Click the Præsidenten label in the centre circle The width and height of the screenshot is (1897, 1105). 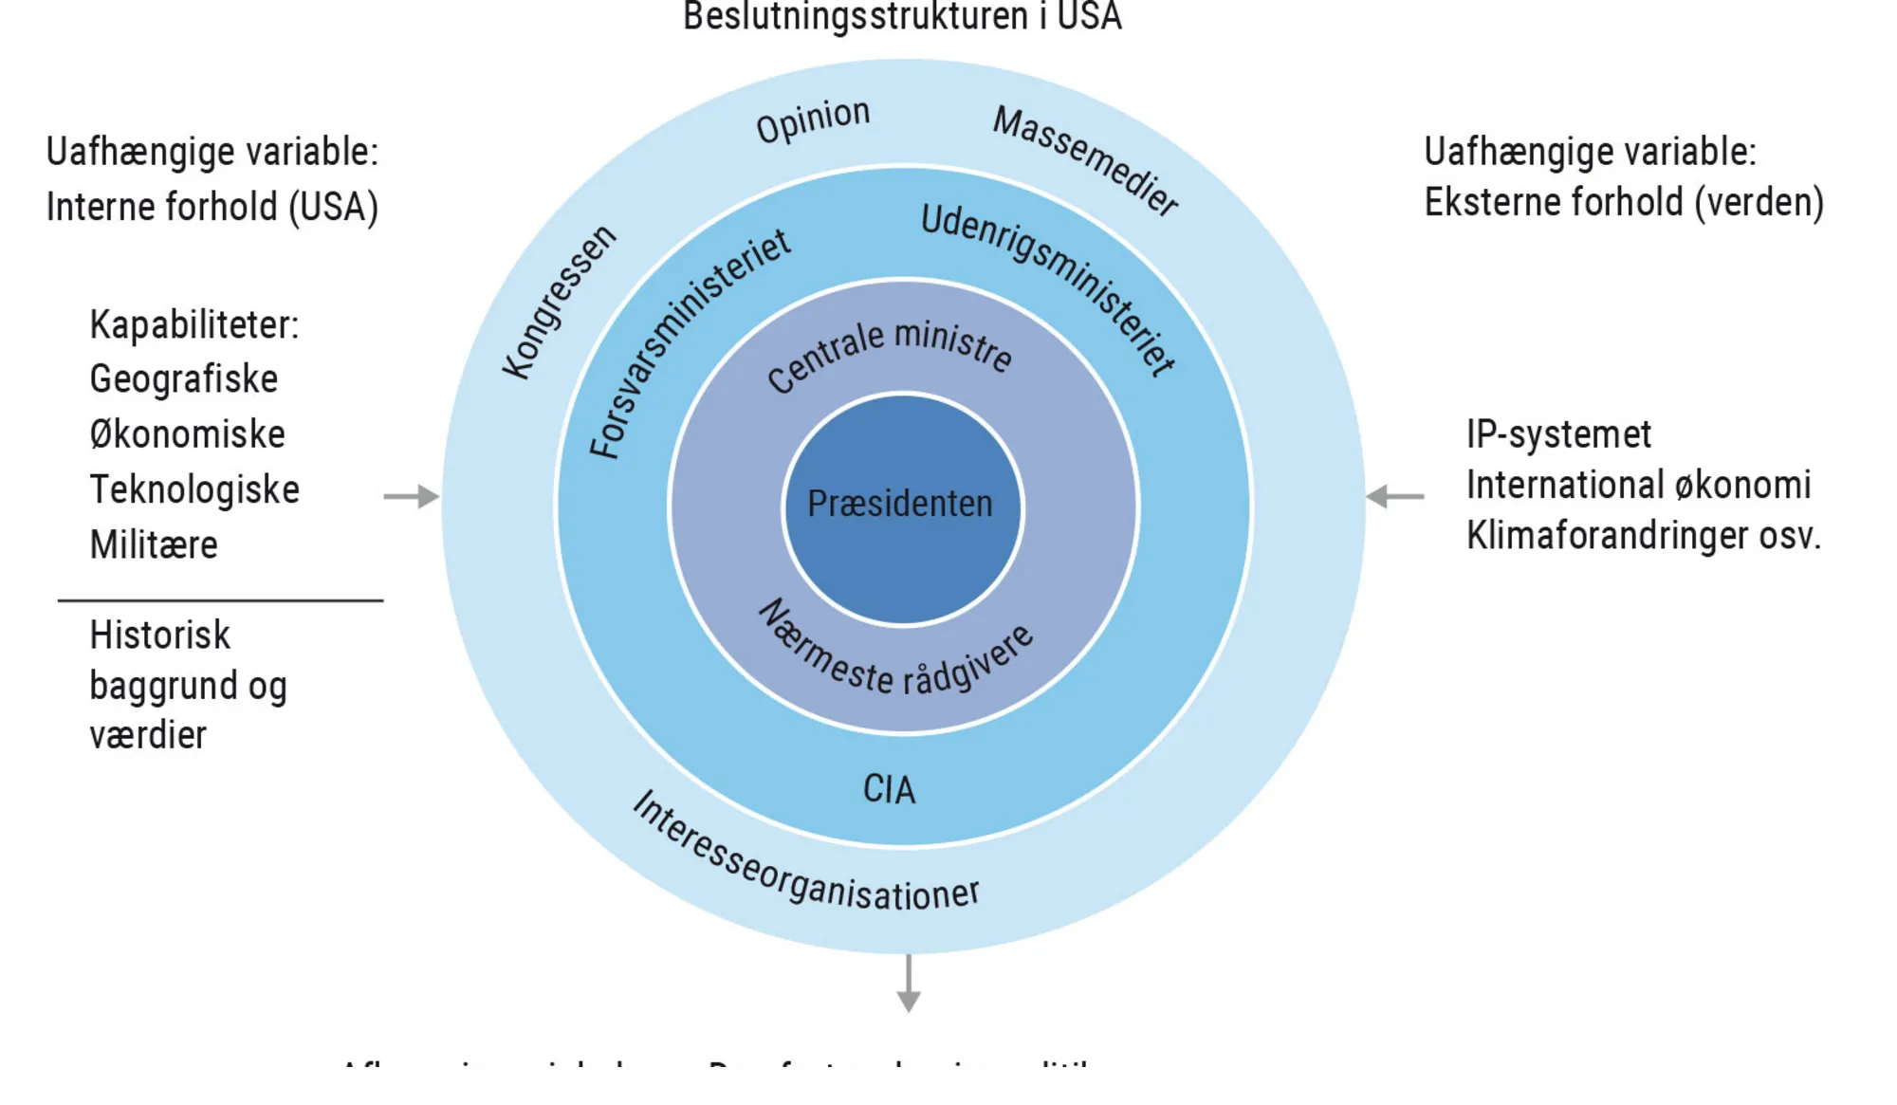(899, 504)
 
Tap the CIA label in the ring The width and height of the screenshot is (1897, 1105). (889, 789)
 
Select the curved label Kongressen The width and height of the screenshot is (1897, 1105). (559, 303)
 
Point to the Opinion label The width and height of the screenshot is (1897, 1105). (813, 121)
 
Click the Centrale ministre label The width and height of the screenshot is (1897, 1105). (889, 355)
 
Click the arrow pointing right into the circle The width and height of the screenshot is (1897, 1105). (412, 496)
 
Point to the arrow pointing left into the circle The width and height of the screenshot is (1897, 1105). (1394, 496)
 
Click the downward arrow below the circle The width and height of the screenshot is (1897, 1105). (909, 984)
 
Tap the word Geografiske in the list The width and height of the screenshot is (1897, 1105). (184, 379)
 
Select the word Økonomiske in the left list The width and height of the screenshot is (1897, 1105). (188, 434)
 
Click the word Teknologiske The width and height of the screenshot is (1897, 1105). (194, 489)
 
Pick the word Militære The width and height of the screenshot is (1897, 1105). (154, 545)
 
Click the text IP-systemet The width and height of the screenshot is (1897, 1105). (1558, 434)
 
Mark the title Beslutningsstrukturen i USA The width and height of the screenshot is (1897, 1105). (902, 17)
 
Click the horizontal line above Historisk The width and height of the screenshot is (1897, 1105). (220, 600)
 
